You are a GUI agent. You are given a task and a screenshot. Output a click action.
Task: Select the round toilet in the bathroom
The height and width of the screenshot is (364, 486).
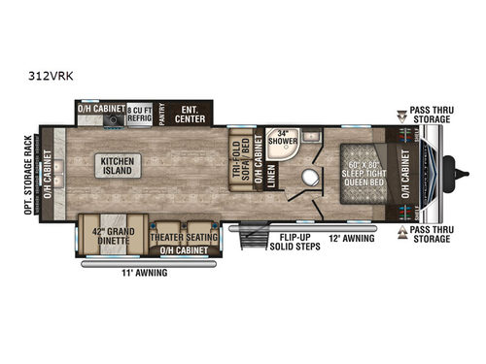click(310, 181)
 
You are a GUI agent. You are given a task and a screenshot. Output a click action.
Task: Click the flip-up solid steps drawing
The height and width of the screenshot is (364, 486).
click(259, 238)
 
